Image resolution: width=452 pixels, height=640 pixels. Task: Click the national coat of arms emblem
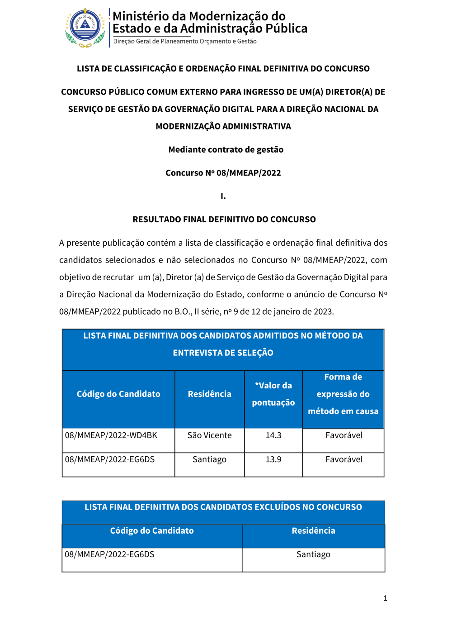85,27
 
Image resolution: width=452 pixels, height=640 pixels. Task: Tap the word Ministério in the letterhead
140,16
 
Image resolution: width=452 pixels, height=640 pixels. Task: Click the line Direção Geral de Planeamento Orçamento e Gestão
184,41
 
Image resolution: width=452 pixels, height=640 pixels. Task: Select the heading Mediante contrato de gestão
226,150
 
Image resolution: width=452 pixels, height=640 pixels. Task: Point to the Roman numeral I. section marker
223,196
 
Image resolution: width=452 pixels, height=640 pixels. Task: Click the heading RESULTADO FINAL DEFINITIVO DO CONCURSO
224,220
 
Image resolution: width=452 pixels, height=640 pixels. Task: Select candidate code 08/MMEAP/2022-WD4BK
111,435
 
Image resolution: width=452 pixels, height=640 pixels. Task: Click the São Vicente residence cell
209,435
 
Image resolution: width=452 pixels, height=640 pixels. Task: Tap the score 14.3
273,435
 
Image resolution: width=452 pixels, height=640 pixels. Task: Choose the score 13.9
273,459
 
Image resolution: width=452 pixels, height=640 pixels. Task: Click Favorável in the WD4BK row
344,435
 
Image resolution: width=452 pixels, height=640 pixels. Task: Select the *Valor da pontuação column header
273,394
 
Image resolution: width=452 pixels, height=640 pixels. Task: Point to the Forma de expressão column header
343,394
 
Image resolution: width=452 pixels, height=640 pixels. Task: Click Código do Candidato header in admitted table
118,394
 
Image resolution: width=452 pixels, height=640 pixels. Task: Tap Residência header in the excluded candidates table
313,531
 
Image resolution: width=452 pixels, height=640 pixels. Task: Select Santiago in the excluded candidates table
313,554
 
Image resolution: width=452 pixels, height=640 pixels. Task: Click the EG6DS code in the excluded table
110,554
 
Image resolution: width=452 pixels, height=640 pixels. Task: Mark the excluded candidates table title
223,507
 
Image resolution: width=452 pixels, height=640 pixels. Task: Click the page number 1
385,598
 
